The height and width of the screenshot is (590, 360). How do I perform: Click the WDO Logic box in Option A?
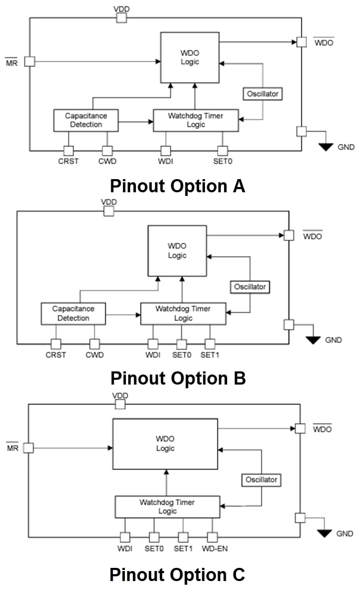coord(190,57)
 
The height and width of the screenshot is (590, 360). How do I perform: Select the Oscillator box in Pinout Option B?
coord(250,287)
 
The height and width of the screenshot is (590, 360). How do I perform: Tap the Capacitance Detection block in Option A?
coord(86,120)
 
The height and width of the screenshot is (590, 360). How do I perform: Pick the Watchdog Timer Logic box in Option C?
coord(167,507)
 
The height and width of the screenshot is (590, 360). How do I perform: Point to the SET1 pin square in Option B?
coord(210,344)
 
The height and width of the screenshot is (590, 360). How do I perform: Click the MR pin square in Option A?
coord(30,61)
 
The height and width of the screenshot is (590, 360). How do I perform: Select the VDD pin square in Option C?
coord(121,404)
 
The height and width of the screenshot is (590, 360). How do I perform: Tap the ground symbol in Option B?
coord(314,340)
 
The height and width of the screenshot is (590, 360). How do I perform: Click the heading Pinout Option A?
coord(178,186)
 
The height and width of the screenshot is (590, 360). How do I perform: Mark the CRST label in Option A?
coord(69,161)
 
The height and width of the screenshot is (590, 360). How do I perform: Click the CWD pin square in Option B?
coord(94,344)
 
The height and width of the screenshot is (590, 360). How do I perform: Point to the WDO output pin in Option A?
coord(301,42)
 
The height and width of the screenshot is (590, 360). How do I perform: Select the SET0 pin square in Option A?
coord(222,151)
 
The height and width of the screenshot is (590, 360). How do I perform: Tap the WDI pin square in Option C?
coord(125,537)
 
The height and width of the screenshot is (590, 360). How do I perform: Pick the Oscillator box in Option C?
coord(261,480)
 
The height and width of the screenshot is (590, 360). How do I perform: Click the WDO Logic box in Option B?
coord(177,251)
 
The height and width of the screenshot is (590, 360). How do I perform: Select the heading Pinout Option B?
coord(178,378)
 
